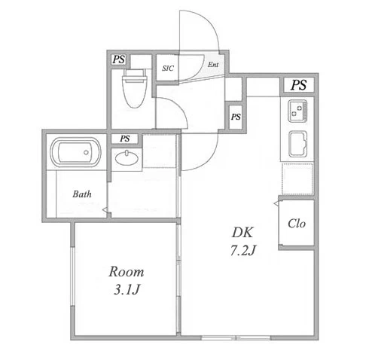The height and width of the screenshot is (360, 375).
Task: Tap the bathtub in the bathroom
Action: click(75, 152)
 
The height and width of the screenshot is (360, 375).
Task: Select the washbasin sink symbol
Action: click(127, 158)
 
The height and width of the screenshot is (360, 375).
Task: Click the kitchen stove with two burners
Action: click(297, 111)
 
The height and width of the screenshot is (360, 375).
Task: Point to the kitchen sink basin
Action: click(298, 144)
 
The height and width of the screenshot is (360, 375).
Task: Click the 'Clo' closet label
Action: click(297, 224)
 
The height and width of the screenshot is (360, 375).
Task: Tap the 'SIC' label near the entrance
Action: click(168, 68)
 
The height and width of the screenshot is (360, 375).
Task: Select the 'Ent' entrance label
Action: click(213, 65)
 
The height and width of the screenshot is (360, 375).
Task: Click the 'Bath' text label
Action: click(82, 194)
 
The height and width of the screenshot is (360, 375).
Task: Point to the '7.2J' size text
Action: click(243, 250)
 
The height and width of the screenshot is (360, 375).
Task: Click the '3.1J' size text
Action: click(127, 290)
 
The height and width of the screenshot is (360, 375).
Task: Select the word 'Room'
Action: click(127, 272)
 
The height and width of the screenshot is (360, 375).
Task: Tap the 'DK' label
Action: click(242, 232)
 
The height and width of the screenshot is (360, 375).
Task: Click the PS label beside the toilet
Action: click(118, 59)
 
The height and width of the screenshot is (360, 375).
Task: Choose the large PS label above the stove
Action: click(299, 85)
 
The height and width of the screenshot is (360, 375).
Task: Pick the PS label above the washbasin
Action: click(125, 139)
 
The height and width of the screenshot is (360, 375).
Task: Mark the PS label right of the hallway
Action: click(236, 117)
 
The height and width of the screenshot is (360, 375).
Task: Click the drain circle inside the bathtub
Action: click(86, 152)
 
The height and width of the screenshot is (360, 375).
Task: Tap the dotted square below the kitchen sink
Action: click(297, 178)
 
